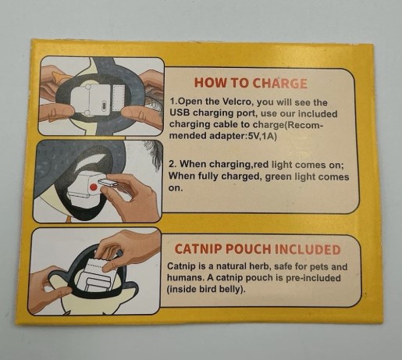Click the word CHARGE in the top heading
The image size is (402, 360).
[x=279, y=84]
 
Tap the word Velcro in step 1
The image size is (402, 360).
[x=237, y=102]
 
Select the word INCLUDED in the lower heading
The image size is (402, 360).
[x=308, y=249]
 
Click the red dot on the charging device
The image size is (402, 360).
[x=93, y=187]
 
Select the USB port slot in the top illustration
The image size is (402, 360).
[x=105, y=106]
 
